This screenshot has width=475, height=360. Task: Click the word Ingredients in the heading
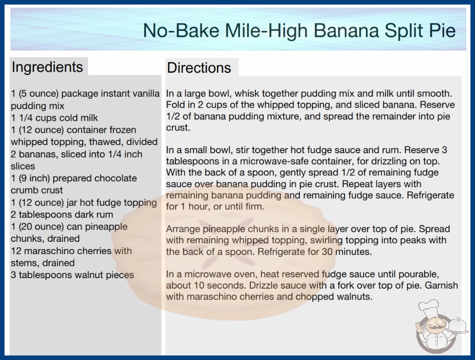(x=47, y=67)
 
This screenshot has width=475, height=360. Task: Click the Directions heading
(x=199, y=68)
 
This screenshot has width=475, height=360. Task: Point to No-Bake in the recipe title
(x=181, y=30)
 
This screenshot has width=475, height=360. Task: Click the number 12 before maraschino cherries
(x=16, y=251)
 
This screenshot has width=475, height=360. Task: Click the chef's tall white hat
(x=429, y=307)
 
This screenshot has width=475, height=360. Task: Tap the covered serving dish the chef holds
(x=457, y=325)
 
